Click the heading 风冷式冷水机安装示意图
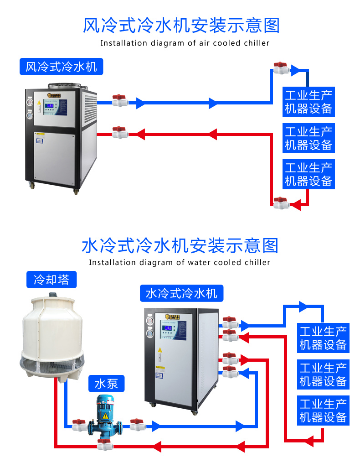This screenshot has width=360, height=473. click(x=181, y=26)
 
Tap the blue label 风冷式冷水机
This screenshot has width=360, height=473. click(x=62, y=67)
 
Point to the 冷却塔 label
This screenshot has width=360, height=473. click(x=51, y=279)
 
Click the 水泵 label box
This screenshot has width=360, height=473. click(x=106, y=384)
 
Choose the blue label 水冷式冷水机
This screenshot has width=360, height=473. click(x=181, y=293)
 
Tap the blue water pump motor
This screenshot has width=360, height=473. click(x=105, y=406)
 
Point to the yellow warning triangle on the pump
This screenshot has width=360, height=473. click(x=105, y=416)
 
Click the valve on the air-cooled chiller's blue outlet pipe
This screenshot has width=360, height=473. click(x=119, y=100)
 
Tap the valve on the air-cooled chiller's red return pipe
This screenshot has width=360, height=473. click(x=119, y=133)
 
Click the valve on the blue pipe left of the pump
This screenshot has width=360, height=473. click(x=79, y=425)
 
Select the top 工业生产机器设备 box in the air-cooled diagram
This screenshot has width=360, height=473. click(x=309, y=102)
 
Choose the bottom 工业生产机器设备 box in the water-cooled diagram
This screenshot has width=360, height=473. click(x=323, y=411)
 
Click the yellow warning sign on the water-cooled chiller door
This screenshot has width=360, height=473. click(x=159, y=349)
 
